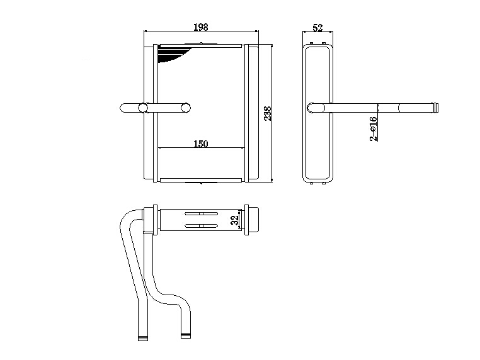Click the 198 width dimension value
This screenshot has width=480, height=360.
[201, 27]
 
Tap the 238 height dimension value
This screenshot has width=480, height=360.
[268, 113]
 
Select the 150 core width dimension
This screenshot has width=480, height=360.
[201, 143]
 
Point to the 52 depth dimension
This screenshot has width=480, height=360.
[317, 28]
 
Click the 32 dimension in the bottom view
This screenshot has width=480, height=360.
[234, 220]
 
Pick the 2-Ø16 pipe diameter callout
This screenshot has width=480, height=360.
[374, 129]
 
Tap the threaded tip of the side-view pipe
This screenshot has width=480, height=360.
[435, 108]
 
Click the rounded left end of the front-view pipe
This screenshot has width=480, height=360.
[123, 108]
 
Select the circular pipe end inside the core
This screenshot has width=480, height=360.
[185, 108]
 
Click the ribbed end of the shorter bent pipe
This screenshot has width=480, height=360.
[185, 335]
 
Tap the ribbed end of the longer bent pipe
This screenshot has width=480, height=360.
[142, 338]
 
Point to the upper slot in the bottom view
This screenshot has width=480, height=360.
[201, 213]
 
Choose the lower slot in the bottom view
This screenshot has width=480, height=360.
[201, 226]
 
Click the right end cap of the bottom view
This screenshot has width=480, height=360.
[254, 220]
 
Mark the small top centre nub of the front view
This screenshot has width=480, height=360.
[201, 43]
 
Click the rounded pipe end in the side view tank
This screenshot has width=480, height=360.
[312, 108]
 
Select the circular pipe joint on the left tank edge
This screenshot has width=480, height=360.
[142, 108]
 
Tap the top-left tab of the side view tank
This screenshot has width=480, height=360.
[312, 43]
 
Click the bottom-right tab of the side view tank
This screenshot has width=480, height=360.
[324, 183]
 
